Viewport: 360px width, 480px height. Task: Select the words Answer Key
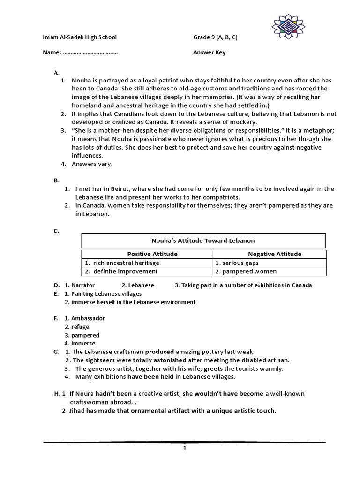[209, 52]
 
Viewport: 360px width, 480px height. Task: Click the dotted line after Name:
[90, 53]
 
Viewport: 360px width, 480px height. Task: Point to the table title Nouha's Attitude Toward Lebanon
[203, 240]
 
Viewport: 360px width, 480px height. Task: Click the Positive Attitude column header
[147, 254]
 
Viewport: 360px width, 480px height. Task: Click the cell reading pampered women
[248, 271]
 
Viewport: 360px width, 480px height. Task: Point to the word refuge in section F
[80, 327]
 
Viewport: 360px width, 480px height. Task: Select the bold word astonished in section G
[169, 360]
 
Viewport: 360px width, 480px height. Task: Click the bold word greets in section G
[213, 368]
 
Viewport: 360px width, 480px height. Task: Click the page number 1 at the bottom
[185, 448]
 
